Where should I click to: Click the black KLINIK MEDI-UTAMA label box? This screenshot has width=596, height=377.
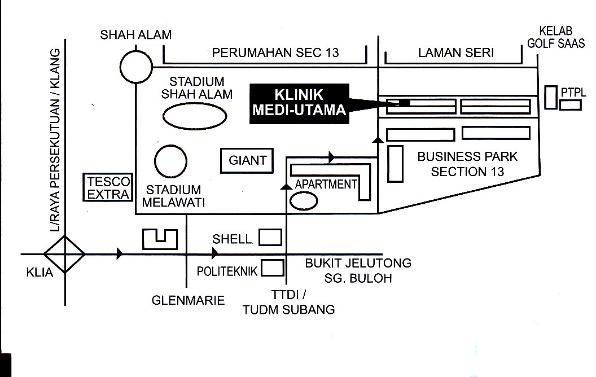[x=299, y=103]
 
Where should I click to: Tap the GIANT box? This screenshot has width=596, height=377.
[x=247, y=161]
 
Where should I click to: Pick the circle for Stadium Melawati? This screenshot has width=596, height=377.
[x=171, y=163]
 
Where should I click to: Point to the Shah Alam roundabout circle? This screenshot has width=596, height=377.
[x=136, y=67]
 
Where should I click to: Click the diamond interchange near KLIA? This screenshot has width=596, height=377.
[x=65, y=254]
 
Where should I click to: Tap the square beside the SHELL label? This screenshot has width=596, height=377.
[x=270, y=238]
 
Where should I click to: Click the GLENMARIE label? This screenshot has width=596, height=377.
[x=188, y=300]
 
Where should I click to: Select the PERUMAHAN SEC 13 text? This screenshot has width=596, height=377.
[x=275, y=54]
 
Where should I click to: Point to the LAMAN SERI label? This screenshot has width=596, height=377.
[x=456, y=54]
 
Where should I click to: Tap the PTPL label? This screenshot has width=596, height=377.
[x=571, y=91]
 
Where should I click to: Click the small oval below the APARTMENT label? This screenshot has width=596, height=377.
[x=304, y=200]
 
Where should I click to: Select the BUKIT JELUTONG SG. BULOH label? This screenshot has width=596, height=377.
[x=358, y=270]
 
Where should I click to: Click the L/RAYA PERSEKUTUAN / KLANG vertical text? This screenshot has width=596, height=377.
[x=55, y=141]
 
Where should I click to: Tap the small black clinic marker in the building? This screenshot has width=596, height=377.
[x=404, y=103]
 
